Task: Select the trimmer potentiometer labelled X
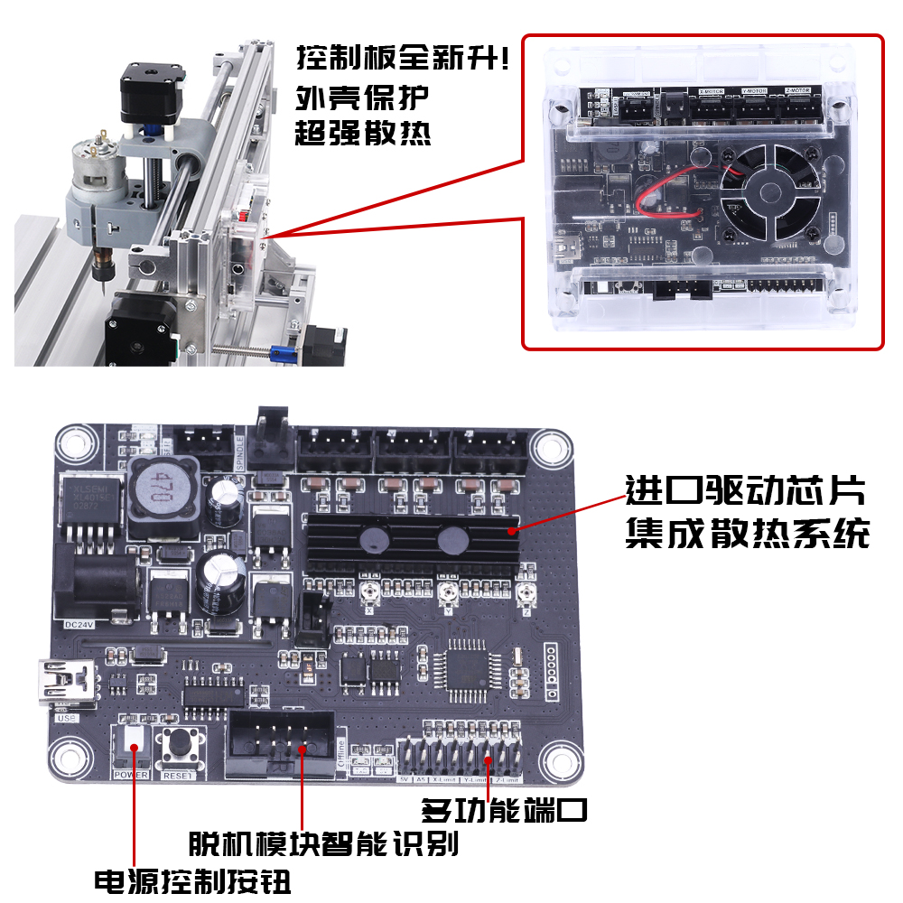point(369,591)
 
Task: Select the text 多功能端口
point(504,809)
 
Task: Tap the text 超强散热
point(362,133)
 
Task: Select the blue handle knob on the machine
point(283,353)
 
